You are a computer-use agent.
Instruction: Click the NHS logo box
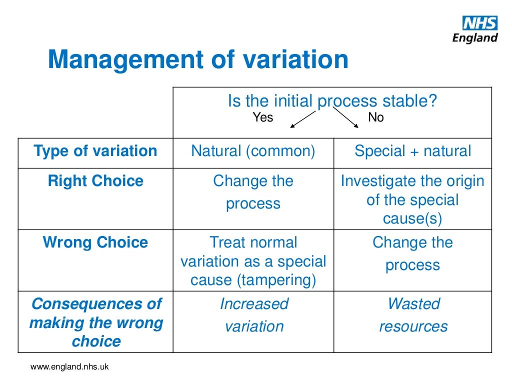[x=479, y=23]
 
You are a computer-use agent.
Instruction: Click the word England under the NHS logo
[x=475, y=38]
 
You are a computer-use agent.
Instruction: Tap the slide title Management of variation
[x=198, y=59]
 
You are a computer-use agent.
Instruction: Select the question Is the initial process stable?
[x=332, y=101]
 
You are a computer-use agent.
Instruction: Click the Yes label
[x=263, y=118]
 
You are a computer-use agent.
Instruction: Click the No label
[x=375, y=118]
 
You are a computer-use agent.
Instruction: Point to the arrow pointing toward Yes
[x=302, y=119]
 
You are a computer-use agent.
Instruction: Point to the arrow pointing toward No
[x=346, y=119]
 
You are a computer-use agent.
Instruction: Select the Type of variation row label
[x=95, y=151]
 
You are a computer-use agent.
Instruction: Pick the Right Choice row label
[x=95, y=181]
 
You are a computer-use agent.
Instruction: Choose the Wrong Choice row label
[x=95, y=242]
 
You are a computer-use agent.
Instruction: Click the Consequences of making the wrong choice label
[x=95, y=322]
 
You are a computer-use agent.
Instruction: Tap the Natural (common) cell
[x=253, y=151]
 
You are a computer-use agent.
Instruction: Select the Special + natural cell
[x=412, y=151]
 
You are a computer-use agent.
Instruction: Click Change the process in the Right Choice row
[x=253, y=192]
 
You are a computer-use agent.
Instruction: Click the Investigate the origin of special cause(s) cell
[x=412, y=200]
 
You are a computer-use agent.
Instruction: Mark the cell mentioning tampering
[x=253, y=261]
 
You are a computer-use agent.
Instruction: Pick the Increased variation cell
[x=254, y=315]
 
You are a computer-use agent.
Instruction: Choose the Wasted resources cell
[x=413, y=315]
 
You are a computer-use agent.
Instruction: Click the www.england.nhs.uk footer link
[x=69, y=367]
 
